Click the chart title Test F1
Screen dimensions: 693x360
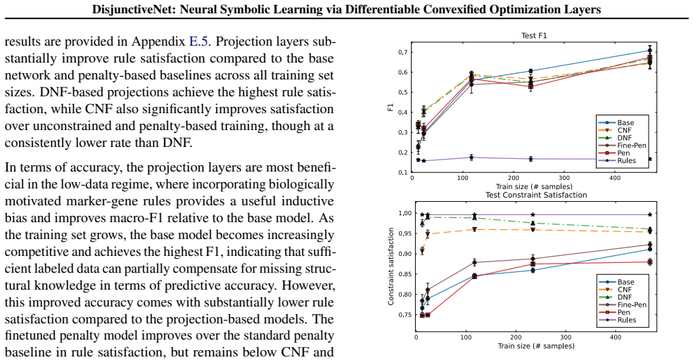[534, 36]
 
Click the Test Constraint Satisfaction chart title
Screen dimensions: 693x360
[536, 195]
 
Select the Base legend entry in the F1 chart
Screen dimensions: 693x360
[616, 123]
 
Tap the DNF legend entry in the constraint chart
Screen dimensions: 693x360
[616, 297]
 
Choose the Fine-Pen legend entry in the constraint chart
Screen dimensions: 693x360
[623, 304]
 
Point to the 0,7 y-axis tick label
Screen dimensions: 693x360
[404, 52]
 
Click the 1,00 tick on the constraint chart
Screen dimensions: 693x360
[405, 213]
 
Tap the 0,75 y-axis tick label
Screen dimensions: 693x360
[405, 315]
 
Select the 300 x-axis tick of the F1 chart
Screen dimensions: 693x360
[564, 178]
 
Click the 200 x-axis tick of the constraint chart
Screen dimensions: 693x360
[516, 337]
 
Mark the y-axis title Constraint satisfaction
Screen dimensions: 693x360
[390, 266]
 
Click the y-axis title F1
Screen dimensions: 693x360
[390, 107]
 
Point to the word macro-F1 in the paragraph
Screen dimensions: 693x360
[228, 218]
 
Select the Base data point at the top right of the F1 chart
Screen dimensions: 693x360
[649, 51]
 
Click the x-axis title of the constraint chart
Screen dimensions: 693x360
[536, 346]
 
